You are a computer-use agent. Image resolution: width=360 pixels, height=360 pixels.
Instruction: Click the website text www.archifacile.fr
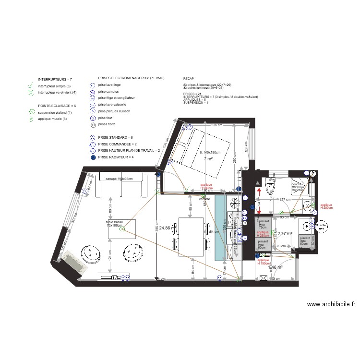click(x=331, y=304)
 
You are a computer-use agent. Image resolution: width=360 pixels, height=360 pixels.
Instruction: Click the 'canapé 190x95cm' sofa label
click(x=119, y=179)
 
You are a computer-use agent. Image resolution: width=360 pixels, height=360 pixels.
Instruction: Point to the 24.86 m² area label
click(x=168, y=228)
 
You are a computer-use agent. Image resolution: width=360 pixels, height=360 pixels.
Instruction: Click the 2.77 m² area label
click(x=285, y=234)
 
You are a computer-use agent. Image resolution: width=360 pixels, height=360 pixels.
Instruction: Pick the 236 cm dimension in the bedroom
click(x=217, y=125)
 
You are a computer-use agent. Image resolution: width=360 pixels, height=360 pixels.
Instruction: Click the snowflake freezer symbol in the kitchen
click(x=235, y=204)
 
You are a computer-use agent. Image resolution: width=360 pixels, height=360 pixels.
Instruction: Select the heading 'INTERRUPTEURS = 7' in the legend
click(x=55, y=79)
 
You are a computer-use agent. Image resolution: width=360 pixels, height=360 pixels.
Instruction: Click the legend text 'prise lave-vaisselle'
click(x=112, y=104)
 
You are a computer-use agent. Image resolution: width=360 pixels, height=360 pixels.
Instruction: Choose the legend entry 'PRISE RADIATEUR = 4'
click(x=116, y=157)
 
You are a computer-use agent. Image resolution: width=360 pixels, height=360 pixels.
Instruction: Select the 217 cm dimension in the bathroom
click(x=285, y=199)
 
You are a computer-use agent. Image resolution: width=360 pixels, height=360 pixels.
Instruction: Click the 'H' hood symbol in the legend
click(x=93, y=125)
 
